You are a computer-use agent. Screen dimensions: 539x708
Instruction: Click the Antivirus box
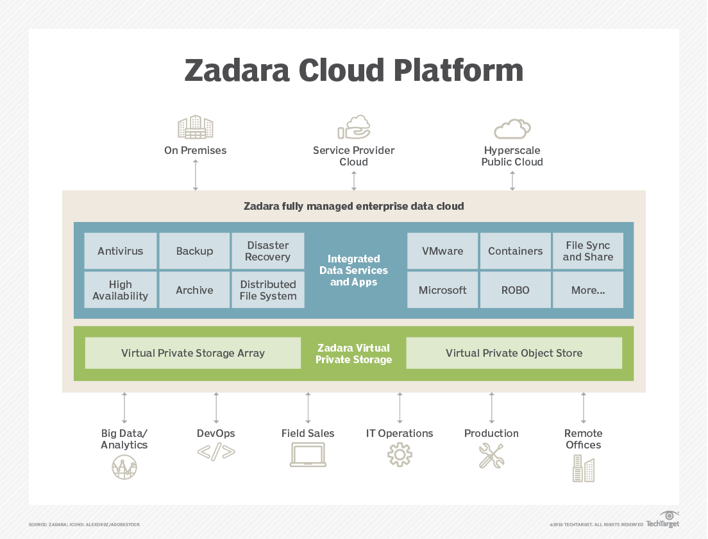click(121, 251)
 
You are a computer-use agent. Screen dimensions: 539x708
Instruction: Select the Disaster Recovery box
click(267, 251)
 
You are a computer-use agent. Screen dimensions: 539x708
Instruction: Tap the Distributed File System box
click(267, 290)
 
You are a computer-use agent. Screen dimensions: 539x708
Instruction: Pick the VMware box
click(442, 251)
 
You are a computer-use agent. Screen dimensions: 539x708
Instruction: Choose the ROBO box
click(515, 290)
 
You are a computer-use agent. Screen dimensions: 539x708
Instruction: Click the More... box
click(587, 290)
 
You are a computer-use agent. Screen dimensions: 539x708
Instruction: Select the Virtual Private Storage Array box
click(193, 353)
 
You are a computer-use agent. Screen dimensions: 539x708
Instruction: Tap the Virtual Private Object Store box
click(514, 353)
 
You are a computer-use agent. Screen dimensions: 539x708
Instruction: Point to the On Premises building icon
click(195, 127)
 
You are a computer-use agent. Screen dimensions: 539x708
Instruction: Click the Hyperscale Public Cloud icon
click(512, 128)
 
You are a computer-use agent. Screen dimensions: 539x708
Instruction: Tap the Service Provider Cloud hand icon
click(353, 127)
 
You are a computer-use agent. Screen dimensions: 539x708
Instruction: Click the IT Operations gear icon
click(400, 455)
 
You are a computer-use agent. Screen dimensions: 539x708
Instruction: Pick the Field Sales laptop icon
click(308, 455)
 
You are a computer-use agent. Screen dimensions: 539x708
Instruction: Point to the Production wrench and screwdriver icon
click(491, 455)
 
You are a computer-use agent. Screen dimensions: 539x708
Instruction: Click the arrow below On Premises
click(196, 175)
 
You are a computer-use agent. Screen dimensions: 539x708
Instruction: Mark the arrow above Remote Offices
click(583, 408)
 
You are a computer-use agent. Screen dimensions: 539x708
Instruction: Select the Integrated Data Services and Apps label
click(353, 270)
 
